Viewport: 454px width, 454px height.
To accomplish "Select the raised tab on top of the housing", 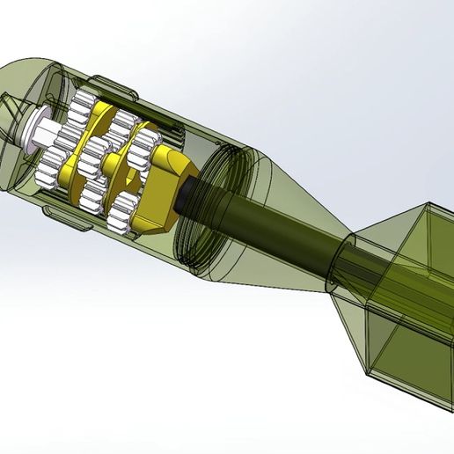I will click(x=123, y=85).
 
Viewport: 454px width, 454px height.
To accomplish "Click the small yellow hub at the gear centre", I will click(x=116, y=162).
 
